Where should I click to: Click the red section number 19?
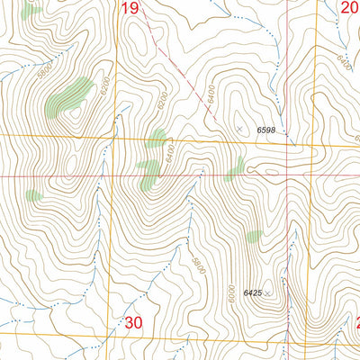click(130, 9)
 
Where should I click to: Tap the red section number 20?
click(350, 9)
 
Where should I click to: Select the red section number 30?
click(134, 322)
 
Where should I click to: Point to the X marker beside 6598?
click(239, 130)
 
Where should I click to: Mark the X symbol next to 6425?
click(267, 293)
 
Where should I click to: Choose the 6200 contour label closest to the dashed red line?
click(163, 104)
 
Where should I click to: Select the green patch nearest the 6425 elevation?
click(254, 237)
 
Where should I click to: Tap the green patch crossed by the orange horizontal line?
click(157, 139)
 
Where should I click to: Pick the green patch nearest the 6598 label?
click(236, 167)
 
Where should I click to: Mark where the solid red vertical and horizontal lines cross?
click(287, 175)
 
